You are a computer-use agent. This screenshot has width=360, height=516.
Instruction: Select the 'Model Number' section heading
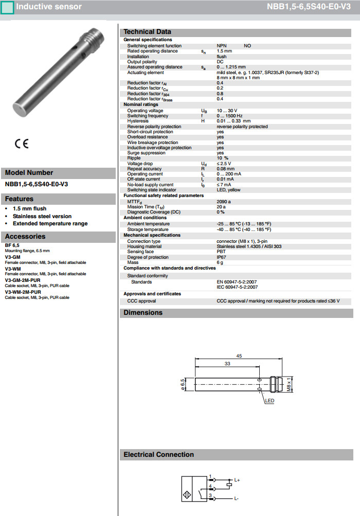pos(29,173)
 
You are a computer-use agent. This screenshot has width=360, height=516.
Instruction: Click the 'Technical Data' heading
pos(147,32)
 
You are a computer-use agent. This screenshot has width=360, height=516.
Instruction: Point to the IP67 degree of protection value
pos(221,257)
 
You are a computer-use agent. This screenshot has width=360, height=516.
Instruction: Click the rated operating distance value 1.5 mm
pos(224,51)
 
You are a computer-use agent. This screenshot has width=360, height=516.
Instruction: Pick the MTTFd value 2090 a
pos(224,201)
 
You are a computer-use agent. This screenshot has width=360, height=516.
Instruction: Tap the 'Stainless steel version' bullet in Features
pos(42,216)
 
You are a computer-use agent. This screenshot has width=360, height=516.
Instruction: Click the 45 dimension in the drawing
pos(239,356)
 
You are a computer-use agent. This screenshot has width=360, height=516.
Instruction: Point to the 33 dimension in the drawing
pos(227,364)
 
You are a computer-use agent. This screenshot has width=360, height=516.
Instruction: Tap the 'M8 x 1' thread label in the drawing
pos(290,384)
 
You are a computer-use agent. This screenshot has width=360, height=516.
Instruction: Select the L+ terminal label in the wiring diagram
pos(237,479)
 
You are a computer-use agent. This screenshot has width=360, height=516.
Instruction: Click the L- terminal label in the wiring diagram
pos(236,499)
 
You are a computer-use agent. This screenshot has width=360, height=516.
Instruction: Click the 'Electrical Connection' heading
pos(158,455)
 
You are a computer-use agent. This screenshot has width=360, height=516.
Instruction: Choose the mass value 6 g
pos(220,262)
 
